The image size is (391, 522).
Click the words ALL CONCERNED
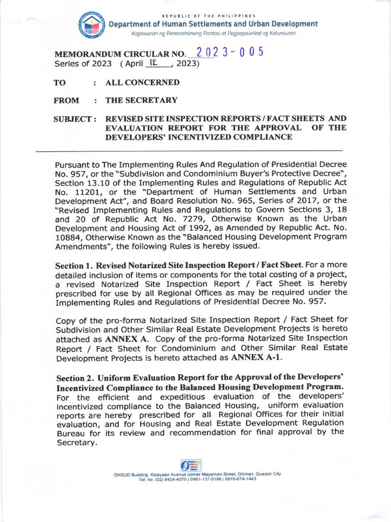(142, 83)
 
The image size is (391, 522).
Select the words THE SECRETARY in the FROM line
(141, 100)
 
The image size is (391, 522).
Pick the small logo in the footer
(191, 465)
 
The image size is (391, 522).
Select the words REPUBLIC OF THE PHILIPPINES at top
(208, 16)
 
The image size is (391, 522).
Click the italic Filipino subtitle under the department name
(214, 33)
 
